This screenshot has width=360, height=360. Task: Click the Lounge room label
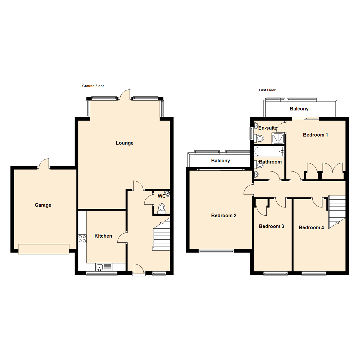124,143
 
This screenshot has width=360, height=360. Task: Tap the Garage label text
43,205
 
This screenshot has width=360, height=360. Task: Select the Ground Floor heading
93,86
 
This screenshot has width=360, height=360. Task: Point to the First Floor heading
267,90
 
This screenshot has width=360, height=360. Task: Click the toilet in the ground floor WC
162,208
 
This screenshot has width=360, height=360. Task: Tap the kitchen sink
100,267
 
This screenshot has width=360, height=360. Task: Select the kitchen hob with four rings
82,238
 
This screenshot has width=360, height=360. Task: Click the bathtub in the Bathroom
269,152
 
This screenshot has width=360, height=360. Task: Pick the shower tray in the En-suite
278,138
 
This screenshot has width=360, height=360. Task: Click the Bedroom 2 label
224,215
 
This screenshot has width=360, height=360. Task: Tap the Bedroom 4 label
311,228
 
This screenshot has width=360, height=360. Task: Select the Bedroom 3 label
271,226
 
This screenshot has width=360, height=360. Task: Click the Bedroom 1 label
315,135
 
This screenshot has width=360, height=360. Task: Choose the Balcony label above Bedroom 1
299,109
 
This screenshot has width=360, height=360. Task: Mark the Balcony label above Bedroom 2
221,161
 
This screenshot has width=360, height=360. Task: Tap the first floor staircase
336,211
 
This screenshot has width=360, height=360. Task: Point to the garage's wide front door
44,249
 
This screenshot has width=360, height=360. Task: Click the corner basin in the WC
167,194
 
